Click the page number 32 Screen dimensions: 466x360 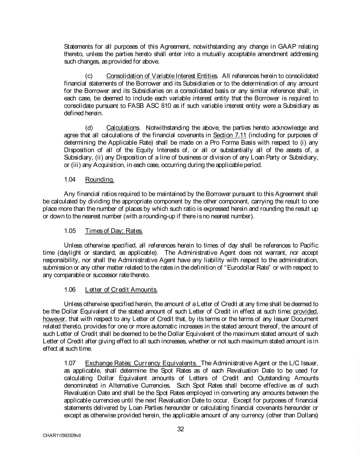(x=180, y=428)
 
